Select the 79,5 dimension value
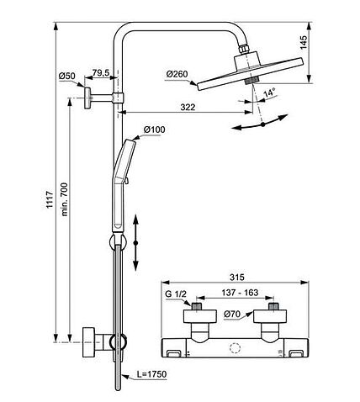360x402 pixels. click(x=102, y=71)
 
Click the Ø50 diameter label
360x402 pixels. click(x=67, y=77)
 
